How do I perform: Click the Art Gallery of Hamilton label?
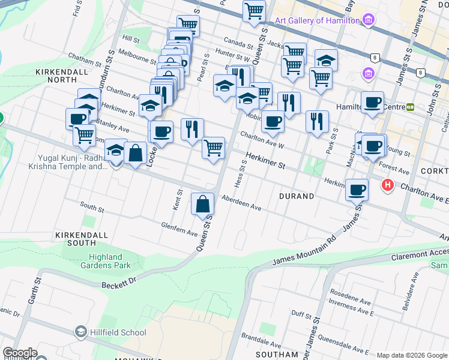tap(317, 20)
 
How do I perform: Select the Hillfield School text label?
tap(117, 332)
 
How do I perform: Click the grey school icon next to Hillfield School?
tap(81, 332)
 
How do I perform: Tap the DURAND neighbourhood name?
tap(297, 196)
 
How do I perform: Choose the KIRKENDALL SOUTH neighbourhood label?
tap(76, 238)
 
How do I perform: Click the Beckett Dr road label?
tap(119, 283)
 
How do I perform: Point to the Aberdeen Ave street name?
tap(241, 203)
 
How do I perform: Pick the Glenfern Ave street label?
tap(179, 229)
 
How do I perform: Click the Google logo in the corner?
tap(20, 353)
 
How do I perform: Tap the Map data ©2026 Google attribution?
tap(411, 355)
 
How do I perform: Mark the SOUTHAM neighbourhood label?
tap(277, 355)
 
